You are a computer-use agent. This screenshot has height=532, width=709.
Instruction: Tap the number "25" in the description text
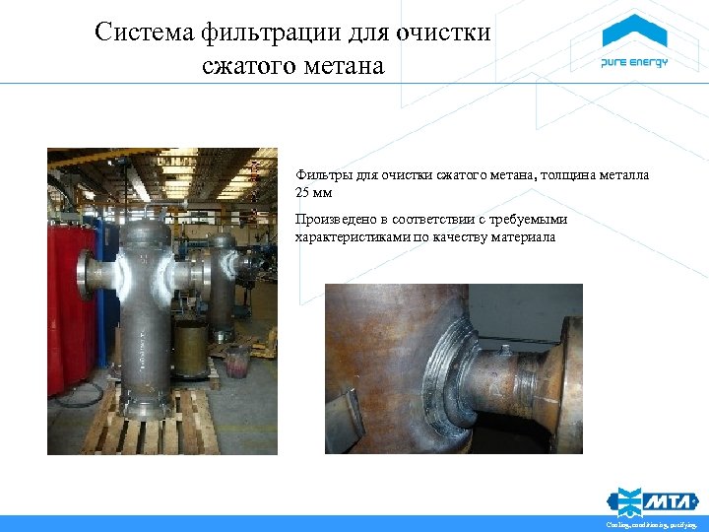pos(303,193)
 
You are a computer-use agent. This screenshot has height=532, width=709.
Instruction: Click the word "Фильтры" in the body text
pos(319,176)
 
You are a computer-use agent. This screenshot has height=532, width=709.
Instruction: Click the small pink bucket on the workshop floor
pos(237,363)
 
